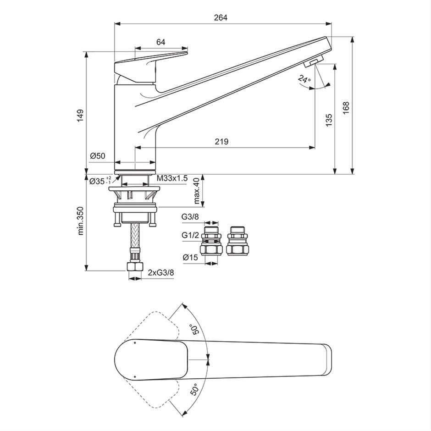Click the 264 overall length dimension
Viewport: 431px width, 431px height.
tap(221, 17)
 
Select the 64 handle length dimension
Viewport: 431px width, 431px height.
tap(160, 42)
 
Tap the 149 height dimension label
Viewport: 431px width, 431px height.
tap(80, 115)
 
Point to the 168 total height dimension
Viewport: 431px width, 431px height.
tap(346, 107)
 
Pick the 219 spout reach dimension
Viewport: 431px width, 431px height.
tap(221, 142)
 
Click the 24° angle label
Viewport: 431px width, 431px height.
tap(304, 79)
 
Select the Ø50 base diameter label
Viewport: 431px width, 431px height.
tap(98, 156)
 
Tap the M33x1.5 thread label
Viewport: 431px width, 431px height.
tap(172, 178)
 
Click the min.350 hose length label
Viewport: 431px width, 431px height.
tap(81, 221)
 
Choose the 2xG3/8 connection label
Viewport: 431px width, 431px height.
tap(161, 273)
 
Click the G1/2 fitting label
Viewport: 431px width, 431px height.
tap(189, 235)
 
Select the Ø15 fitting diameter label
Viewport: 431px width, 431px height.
tap(190, 258)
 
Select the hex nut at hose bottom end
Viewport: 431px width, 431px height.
tap(135, 267)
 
